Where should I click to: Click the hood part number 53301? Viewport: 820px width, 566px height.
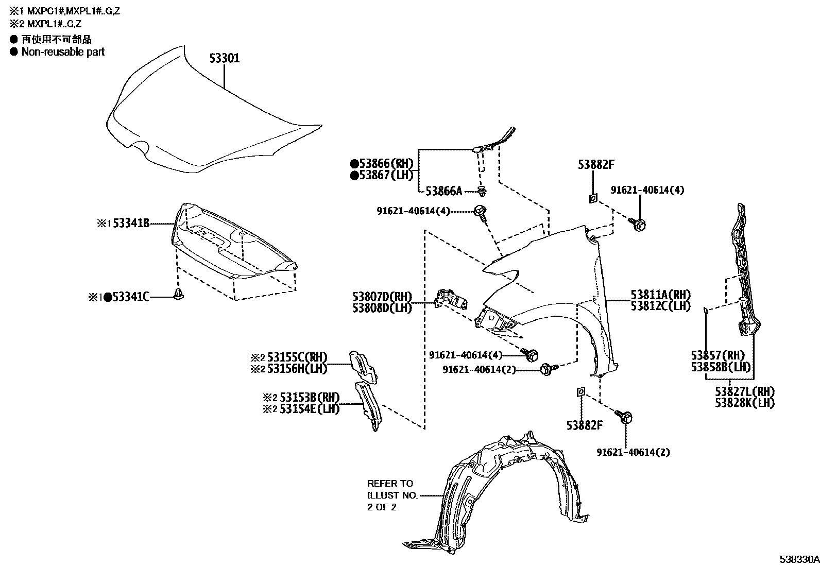[x=224, y=59]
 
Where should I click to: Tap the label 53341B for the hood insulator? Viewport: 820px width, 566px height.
[x=131, y=224]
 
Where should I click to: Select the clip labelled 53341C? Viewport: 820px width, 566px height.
[x=179, y=295]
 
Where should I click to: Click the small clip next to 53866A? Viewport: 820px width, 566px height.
[x=482, y=193]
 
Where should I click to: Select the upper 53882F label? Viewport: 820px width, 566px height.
[x=596, y=165]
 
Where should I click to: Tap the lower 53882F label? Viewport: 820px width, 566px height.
[x=585, y=425]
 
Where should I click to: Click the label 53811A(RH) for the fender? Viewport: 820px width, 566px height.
[x=661, y=295]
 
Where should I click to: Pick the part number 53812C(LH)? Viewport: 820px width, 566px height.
[x=661, y=306]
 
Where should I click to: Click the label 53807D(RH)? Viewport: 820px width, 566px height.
[x=383, y=297]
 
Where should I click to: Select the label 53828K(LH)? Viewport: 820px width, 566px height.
[x=745, y=403]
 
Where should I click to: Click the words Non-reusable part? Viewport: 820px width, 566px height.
[x=63, y=52]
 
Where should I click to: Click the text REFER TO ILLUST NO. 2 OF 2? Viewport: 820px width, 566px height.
[x=390, y=495]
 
